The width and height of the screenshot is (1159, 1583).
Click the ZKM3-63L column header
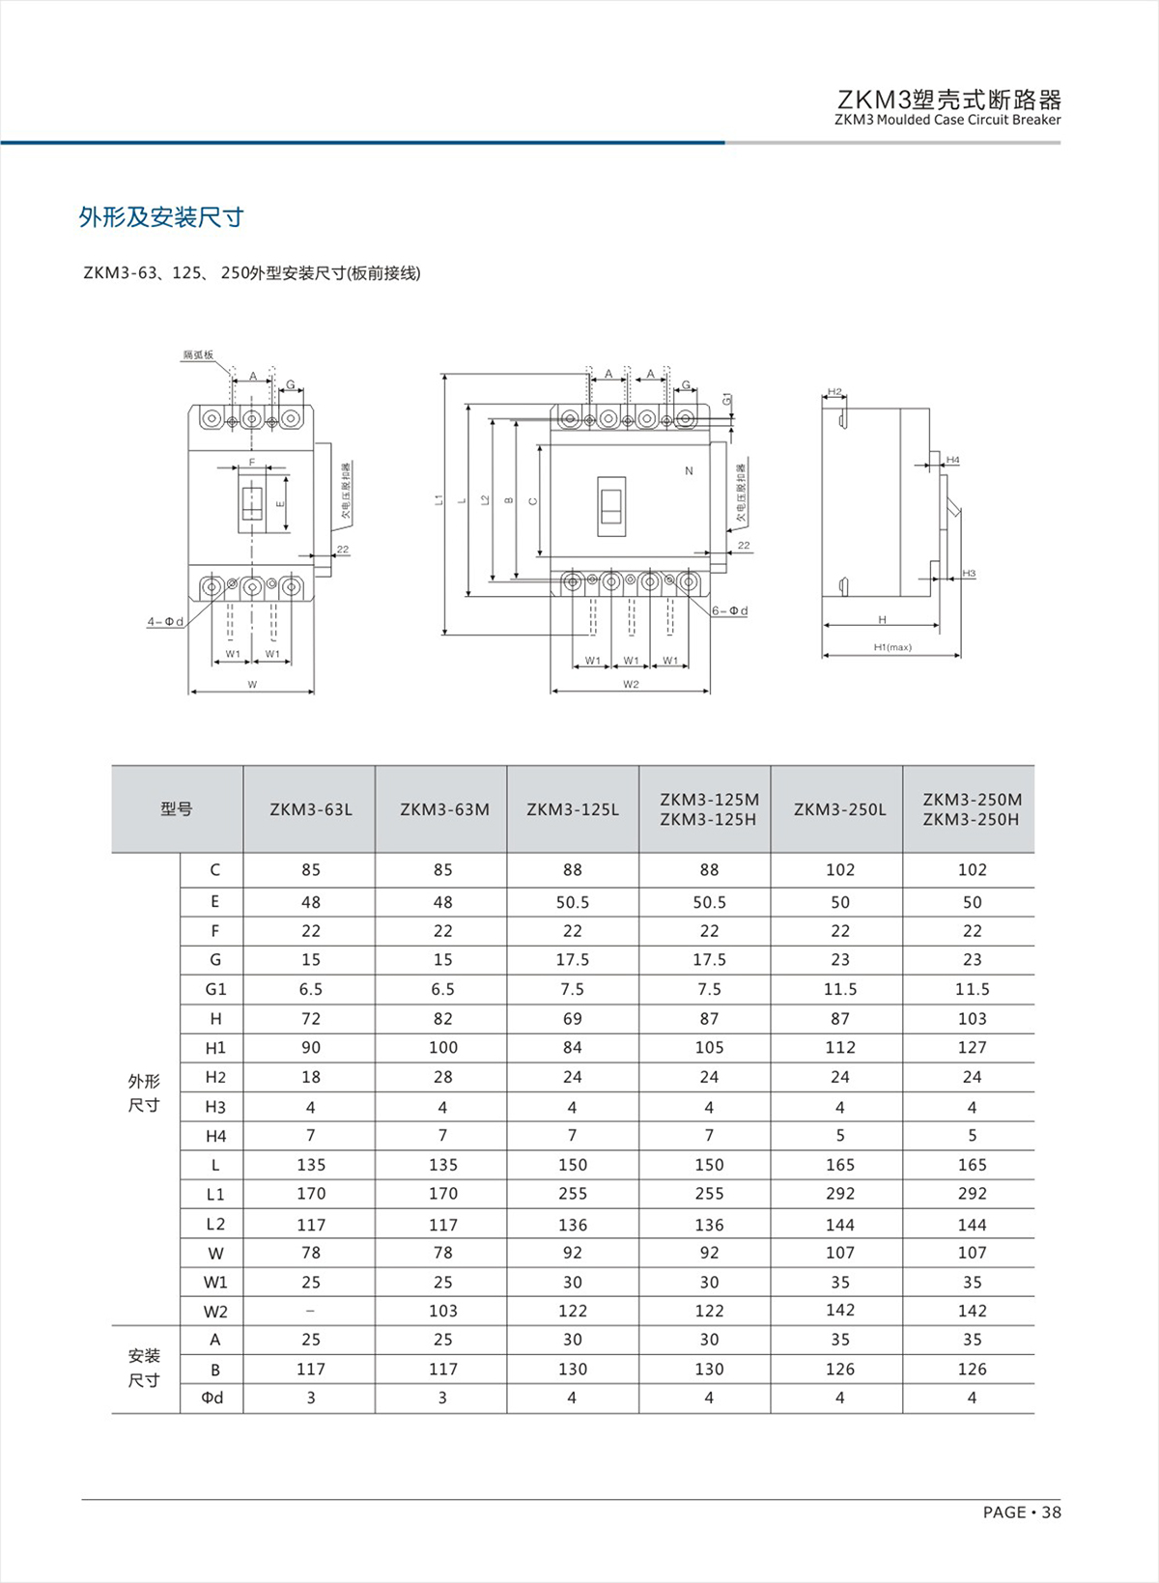(311, 809)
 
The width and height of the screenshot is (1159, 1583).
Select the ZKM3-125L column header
(573, 809)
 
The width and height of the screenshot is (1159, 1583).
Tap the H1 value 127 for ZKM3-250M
(972, 1047)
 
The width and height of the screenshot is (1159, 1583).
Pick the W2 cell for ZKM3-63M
(442, 1311)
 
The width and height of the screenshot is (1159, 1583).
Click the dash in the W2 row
(310, 1311)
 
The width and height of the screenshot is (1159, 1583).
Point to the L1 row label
(214, 1195)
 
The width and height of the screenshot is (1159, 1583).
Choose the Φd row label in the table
(212, 1398)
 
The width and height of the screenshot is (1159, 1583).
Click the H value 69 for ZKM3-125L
(573, 1018)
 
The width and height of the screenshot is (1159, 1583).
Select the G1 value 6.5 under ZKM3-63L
(311, 989)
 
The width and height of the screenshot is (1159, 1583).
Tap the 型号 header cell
(177, 809)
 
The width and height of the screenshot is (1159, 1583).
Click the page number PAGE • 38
(1021, 1512)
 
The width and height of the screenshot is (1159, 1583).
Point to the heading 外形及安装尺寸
(161, 217)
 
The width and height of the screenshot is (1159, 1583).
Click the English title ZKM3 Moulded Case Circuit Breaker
(947, 121)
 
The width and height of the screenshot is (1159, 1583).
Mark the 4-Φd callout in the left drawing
(165, 622)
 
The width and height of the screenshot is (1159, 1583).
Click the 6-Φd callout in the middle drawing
(730, 611)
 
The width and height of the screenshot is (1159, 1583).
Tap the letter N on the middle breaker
(689, 471)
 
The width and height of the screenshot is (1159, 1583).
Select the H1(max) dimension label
(891, 647)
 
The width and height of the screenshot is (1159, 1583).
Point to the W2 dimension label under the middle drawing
(631, 685)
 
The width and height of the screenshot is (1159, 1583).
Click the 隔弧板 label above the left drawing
(199, 355)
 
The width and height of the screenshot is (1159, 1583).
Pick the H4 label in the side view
(953, 461)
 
